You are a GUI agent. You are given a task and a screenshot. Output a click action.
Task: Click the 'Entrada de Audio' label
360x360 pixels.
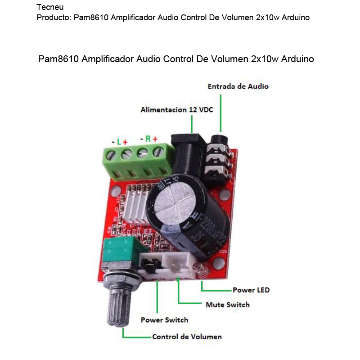pyautogui.click(x=238, y=86)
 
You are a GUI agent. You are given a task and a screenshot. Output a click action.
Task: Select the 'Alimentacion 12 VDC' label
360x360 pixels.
pyautogui.click(x=176, y=109)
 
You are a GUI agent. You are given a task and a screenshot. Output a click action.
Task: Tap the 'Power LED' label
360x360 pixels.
pyautogui.click(x=251, y=290)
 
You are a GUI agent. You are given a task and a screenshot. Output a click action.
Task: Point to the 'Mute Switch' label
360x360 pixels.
pyautogui.click(x=227, y=305)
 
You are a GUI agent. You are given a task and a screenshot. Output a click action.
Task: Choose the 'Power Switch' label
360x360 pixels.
pyautogui.click(x=164, y=320)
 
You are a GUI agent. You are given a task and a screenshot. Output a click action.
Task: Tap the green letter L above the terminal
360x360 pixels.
pyautogui.click(x=119, y=142)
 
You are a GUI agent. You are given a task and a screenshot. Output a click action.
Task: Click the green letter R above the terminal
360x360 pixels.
pyautogui.click(x=148, y=139)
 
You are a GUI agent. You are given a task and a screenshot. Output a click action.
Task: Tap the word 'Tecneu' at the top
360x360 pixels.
pyautogui.click(x=50, y=7)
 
